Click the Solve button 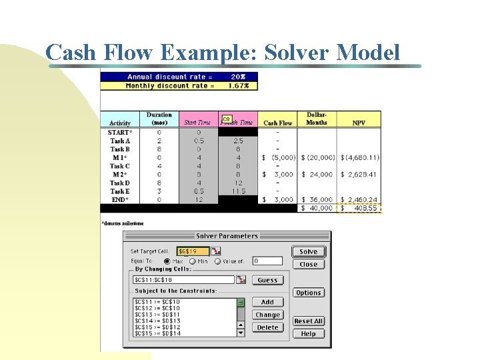pos(308,251)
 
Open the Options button pos(308,293)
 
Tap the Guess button pos(267,280)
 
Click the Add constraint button pos(267,302)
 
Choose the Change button pos(267,315)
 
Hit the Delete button pos(267,327)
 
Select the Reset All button pos(308,321)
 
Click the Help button pos(308,334)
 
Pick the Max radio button pos(167,261)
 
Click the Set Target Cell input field pos(193,251)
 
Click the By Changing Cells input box pos(183,280)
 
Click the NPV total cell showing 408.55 pos(361,208)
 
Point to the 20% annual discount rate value pos(239,77)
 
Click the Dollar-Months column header pos(317,119)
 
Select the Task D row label pos(120,183)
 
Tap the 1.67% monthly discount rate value pos(239,85)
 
